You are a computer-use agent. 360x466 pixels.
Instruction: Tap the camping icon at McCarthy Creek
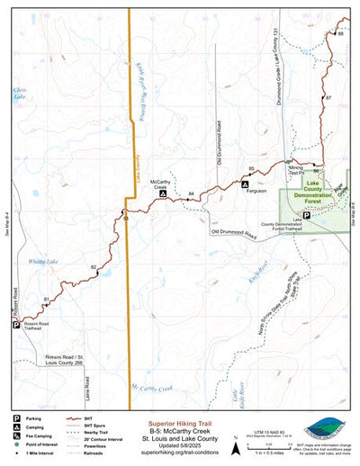162,193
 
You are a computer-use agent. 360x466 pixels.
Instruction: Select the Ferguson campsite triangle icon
244,184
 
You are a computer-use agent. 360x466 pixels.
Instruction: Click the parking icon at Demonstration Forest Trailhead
306,216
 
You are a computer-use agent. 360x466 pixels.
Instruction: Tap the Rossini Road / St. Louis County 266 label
64,362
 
